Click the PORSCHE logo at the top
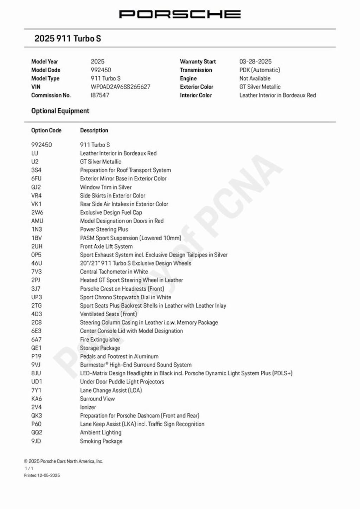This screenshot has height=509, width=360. pyautogui.click(x=180, y=14)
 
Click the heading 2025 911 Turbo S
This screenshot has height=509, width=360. pyautogui.click(x=67, y=38)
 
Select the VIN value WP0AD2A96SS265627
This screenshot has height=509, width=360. pyautogui.click(x=120, y=87)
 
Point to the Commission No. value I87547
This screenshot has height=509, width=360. pyautogui.click(x=100, y=95)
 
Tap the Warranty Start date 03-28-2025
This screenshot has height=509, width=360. pyautogui.click(x=255, y=62)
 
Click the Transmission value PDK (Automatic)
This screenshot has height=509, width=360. pyautogui.click(x=259, y=70)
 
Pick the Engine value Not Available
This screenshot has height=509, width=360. pyautogui.click(x=255, y=78)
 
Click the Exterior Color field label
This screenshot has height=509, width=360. pyautogui.click(x=197, y=87)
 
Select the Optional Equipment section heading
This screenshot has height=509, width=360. pyautogui.click(x=60, y=111)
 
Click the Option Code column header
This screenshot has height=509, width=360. pyautogui.click(x=46, y=130)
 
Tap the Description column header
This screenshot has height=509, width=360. pyautogui.click(x=94, y=130)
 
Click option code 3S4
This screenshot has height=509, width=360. pyautogui.click(x=36, y=170)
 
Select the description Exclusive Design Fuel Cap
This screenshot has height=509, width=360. pyautogui.click(x=111, y=213)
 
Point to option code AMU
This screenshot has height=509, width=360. pyautogui.click(x=37, y=221)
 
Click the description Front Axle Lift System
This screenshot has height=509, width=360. pyautogui.click(x=106, y=246)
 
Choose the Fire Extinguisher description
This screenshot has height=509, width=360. pyautogui.click(x=100, y=340)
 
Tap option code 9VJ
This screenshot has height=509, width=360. pyautogui.click(x=36, y=365)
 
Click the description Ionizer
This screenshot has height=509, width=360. pyautogui.click(x=88, y=407)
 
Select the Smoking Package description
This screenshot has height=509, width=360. pyautogui.click(x=101, y=441)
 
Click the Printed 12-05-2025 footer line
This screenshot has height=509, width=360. pyautogui.click(x=42, y=475)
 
